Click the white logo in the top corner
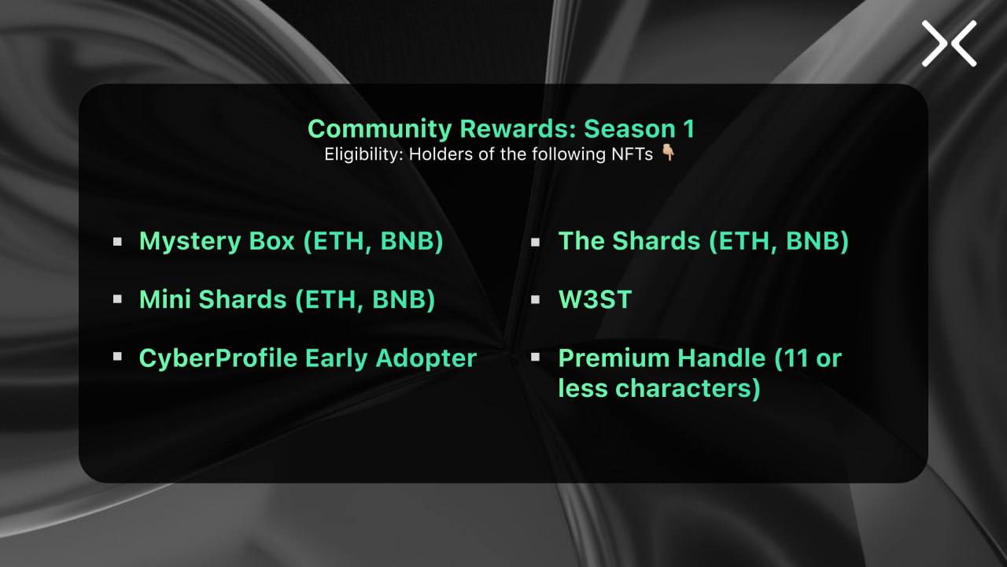coord(949,43)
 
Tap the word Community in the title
coord(380,130)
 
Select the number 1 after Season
coord(688,129)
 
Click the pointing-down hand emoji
coord(668,153)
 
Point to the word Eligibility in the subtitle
coord(363,154)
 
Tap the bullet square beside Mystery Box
coord(117,242)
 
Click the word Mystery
coord(190,242)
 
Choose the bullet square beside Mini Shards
coord(117,299)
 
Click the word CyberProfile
coord(219,358)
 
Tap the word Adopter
coord(426,359)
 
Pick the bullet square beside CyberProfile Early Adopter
coord(117,357)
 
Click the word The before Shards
coord(581,241)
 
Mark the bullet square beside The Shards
coord(535,242)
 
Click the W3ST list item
coord(596,299)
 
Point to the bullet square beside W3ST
coord(535,299)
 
